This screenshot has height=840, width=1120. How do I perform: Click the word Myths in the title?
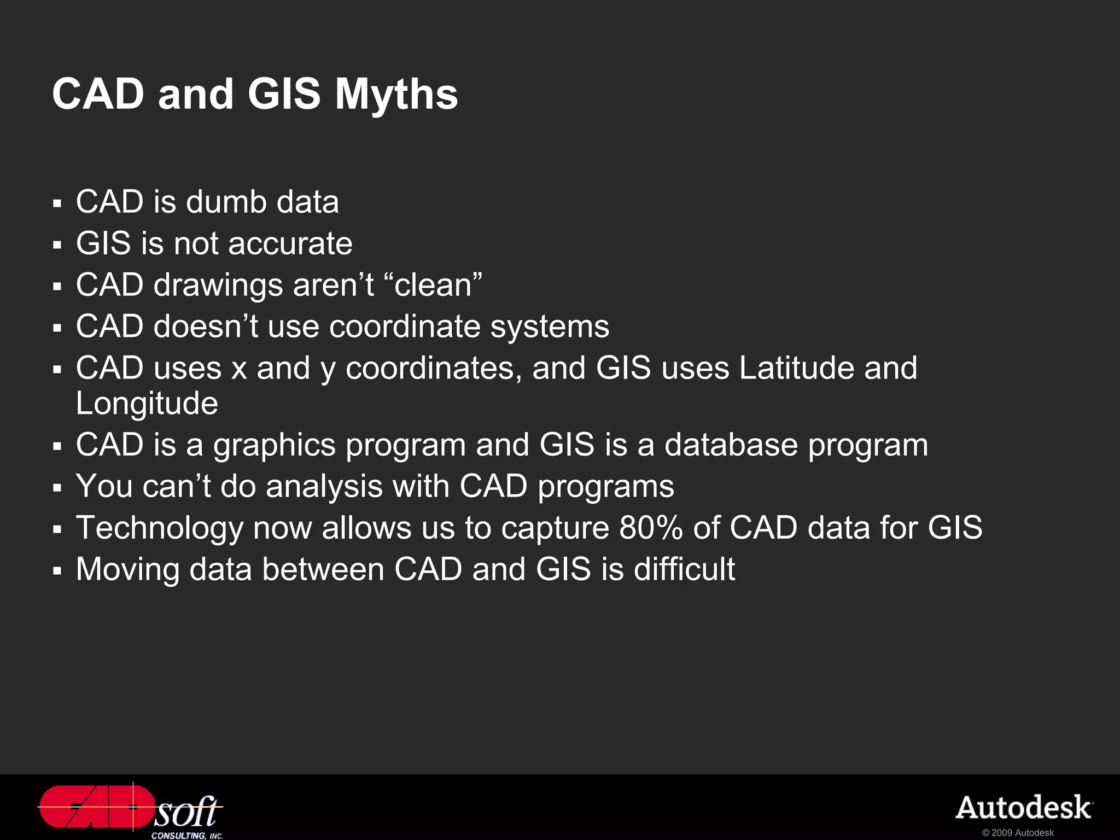click(x=396, y=94)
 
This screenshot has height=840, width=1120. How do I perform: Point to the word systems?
click(x=549, y=326)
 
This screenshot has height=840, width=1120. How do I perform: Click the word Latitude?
click(x=797, y=367)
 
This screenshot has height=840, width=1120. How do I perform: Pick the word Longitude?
click(x=147, y=403)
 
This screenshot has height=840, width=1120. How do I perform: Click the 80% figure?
click(x=651, y=528)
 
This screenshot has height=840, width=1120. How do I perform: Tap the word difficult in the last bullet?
click(x=684, y=569)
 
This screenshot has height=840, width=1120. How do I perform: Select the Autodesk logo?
click(x=1024, y=808)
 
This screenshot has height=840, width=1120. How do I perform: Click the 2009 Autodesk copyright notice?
click(x=1018, y=833)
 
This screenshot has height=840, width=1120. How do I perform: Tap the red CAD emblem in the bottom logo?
click(x=96, y=807)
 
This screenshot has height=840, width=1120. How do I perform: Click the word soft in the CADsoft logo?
click(x=186, y=812)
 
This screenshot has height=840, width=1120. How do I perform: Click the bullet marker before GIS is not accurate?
click(x=57, y=245)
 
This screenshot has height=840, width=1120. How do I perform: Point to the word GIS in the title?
click(x=284, y=94)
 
